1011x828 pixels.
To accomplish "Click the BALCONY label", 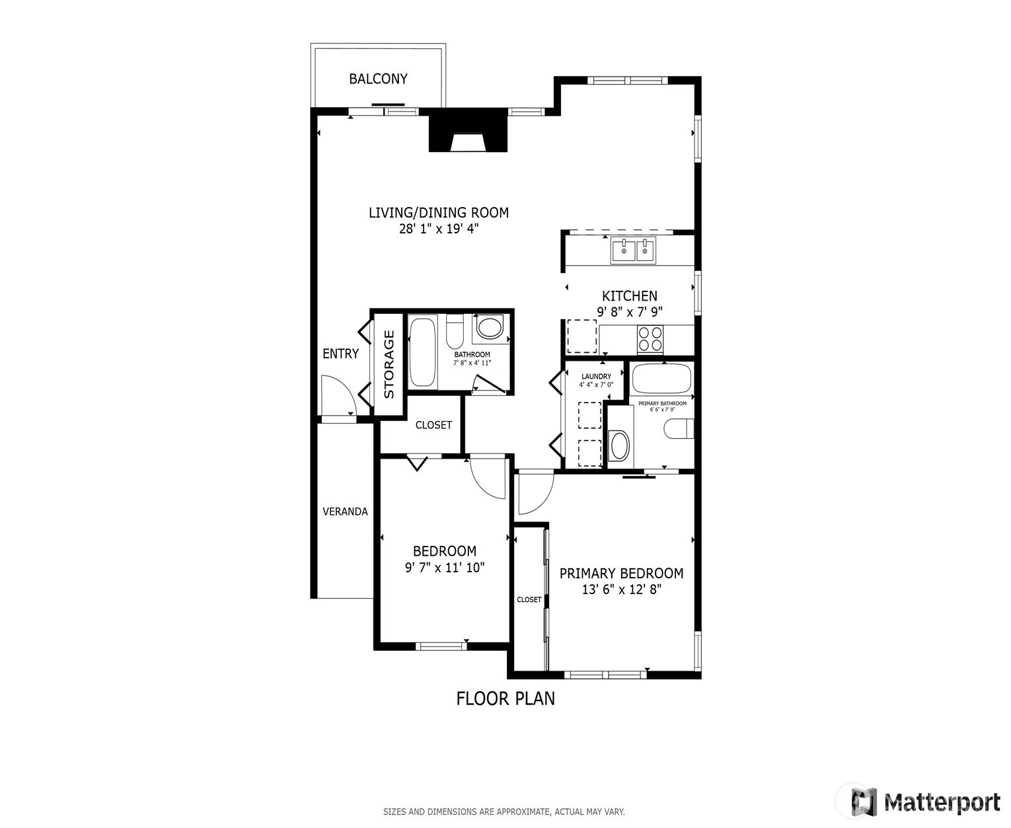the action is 378,79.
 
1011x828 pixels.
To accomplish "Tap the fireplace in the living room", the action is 468,130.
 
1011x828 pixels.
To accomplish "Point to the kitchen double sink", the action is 633,250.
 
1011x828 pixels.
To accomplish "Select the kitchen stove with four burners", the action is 650,338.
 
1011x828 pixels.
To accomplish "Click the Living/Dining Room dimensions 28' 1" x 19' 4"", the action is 439,229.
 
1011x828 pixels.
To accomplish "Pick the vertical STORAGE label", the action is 389,364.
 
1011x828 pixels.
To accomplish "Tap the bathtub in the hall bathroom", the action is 422,352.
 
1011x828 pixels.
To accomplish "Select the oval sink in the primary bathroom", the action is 619,445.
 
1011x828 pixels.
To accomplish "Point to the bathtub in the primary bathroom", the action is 661,379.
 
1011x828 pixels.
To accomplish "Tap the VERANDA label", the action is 345,511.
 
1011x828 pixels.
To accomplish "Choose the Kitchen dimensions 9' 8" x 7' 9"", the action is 630,312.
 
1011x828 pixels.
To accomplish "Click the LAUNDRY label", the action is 596,377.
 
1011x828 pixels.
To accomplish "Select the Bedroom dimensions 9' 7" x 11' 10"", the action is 445,568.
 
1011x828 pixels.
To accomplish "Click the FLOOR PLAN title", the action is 505,698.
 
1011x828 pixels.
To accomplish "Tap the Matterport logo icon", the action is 864,802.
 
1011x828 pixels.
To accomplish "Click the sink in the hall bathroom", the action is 490,328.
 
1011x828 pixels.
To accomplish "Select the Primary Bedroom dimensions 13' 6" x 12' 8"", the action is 622,589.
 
